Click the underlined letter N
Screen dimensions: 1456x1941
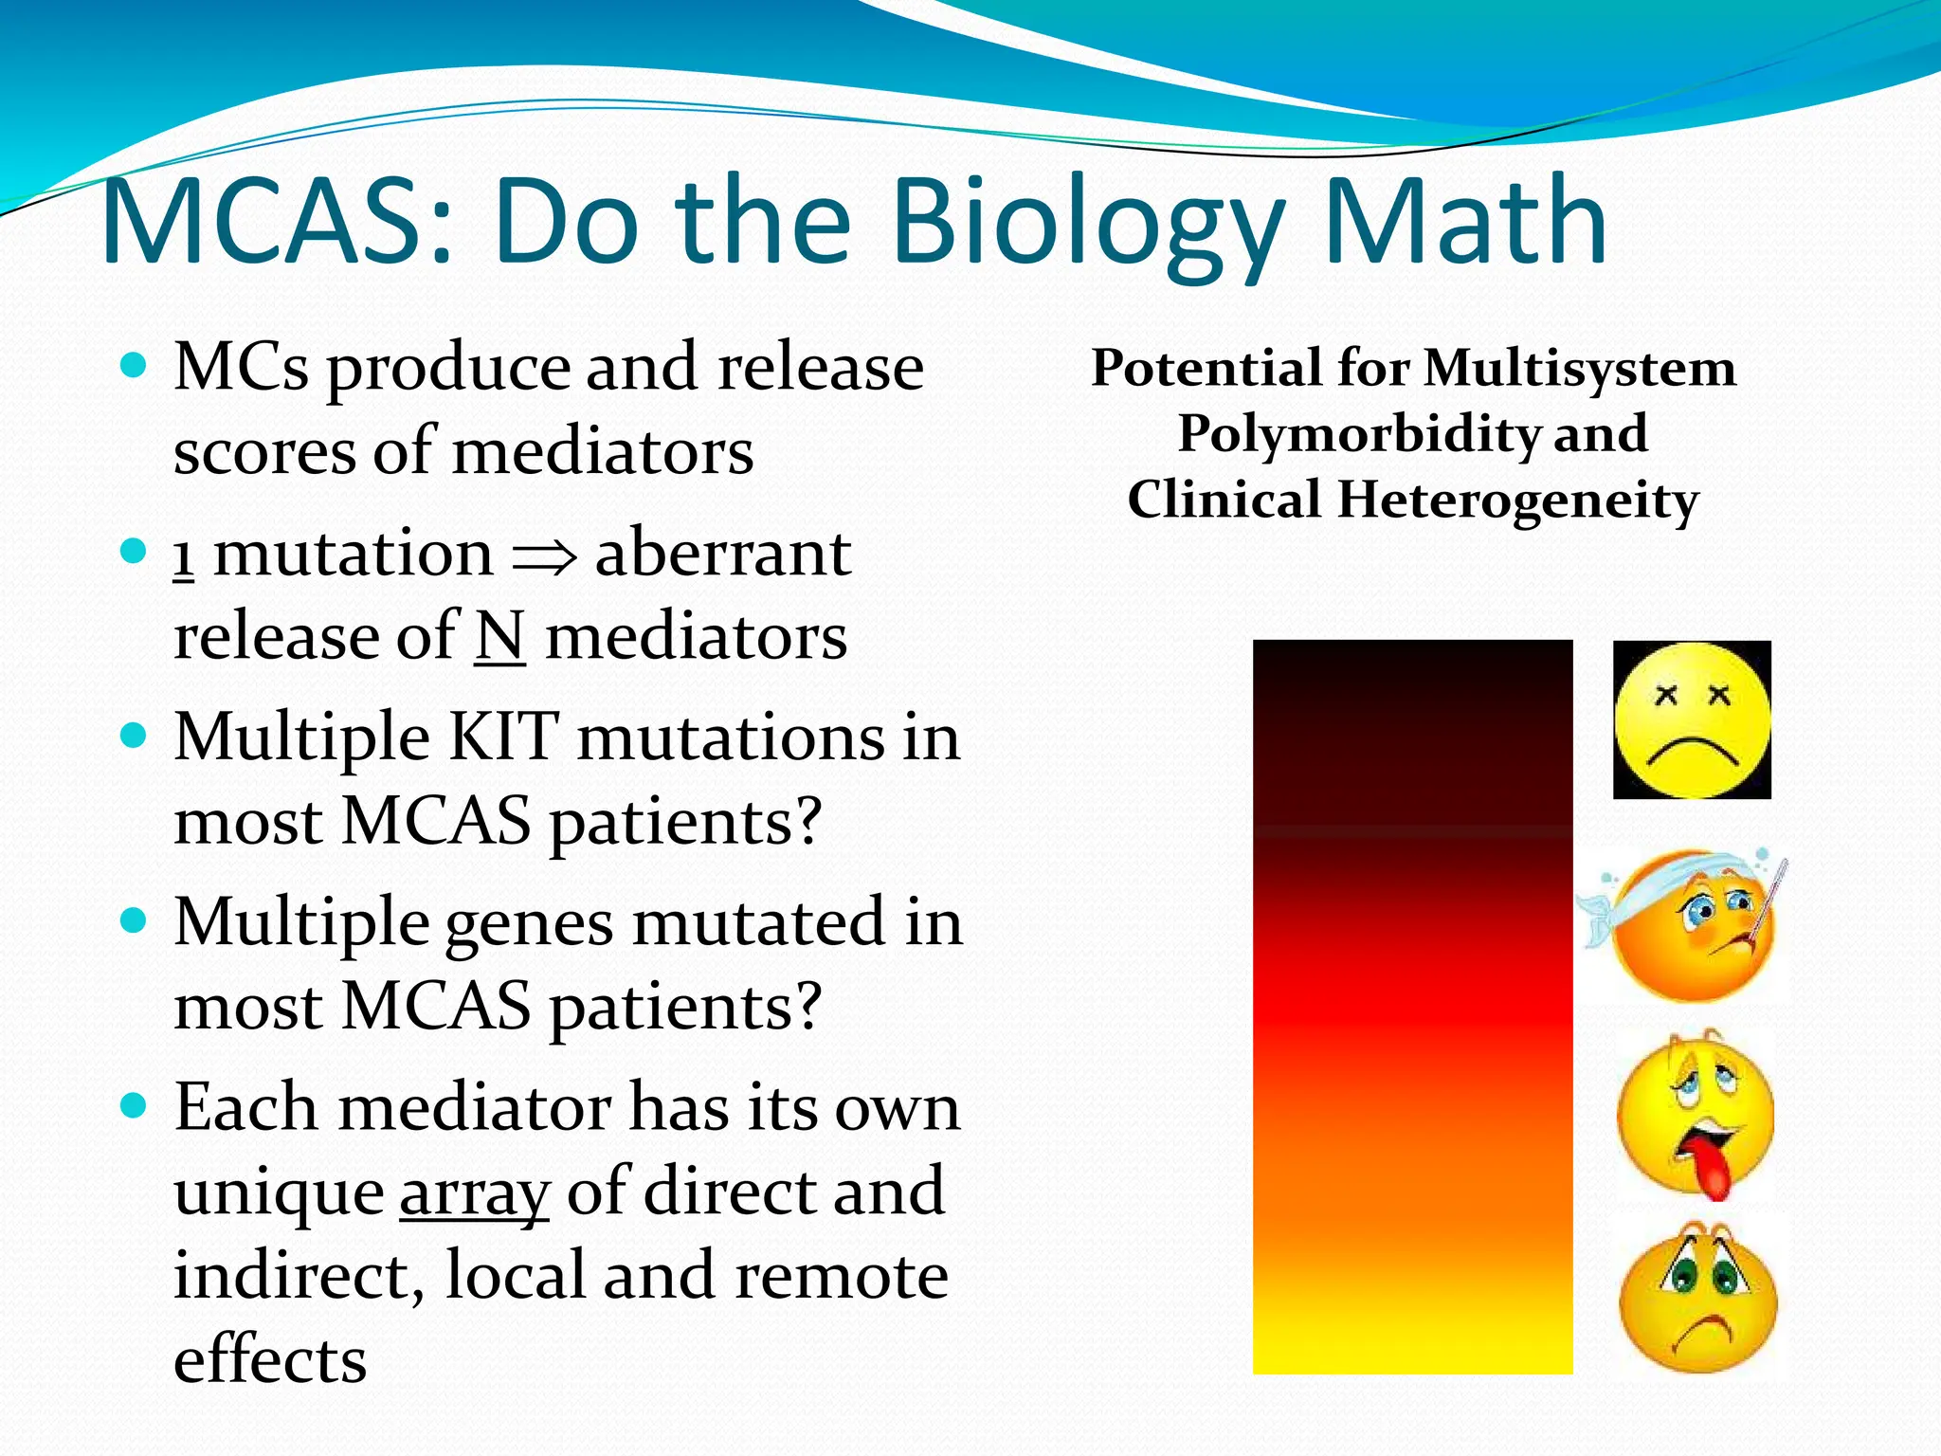499,637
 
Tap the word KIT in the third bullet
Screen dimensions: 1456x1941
502,737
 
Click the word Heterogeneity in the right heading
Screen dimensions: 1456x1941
1516,500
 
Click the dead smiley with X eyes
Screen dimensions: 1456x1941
1692,720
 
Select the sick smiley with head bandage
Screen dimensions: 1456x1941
1687,924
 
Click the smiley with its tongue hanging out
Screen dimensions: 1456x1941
1695,1114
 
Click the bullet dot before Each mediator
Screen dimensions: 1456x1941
135,1104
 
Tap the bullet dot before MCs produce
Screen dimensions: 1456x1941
135,365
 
